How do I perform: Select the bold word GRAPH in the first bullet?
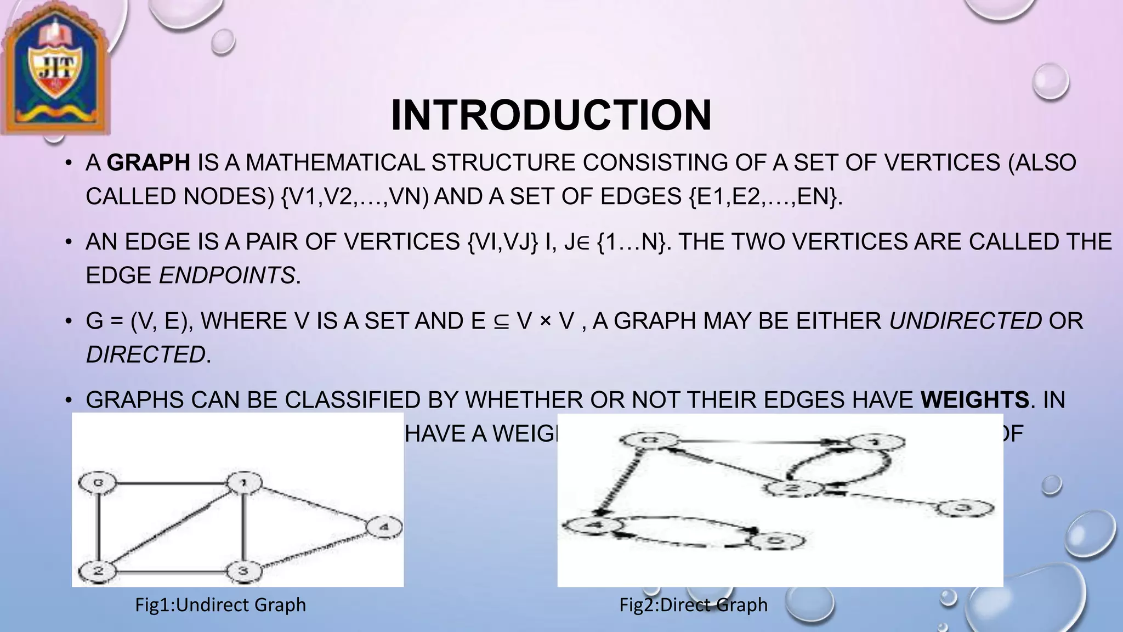coord(149,163)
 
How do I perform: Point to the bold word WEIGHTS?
coord(975,400)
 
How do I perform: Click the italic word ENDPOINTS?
coord(227,275)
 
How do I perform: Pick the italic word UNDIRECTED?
coord(965,321)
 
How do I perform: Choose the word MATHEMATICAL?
coord(334,163)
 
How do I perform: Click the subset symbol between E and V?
coord(501,321)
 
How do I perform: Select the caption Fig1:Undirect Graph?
coord(220,605)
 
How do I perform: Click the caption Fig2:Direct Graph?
coord(694,605)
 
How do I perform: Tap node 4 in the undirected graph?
coord(384,528)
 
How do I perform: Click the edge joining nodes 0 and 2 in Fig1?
coord(98,527)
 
